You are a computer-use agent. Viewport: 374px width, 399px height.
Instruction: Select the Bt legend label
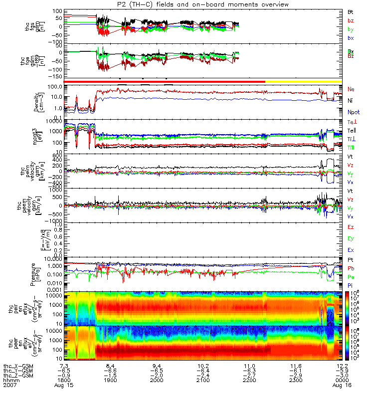tap(351, 11)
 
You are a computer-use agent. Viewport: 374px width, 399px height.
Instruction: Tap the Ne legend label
tap(351, 89)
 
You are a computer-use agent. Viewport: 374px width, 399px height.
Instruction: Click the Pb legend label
tap(351, 268)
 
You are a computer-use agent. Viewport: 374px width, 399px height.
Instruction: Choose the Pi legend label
tap(350, 284)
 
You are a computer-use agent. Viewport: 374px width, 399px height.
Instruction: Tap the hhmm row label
tap(10, 381)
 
